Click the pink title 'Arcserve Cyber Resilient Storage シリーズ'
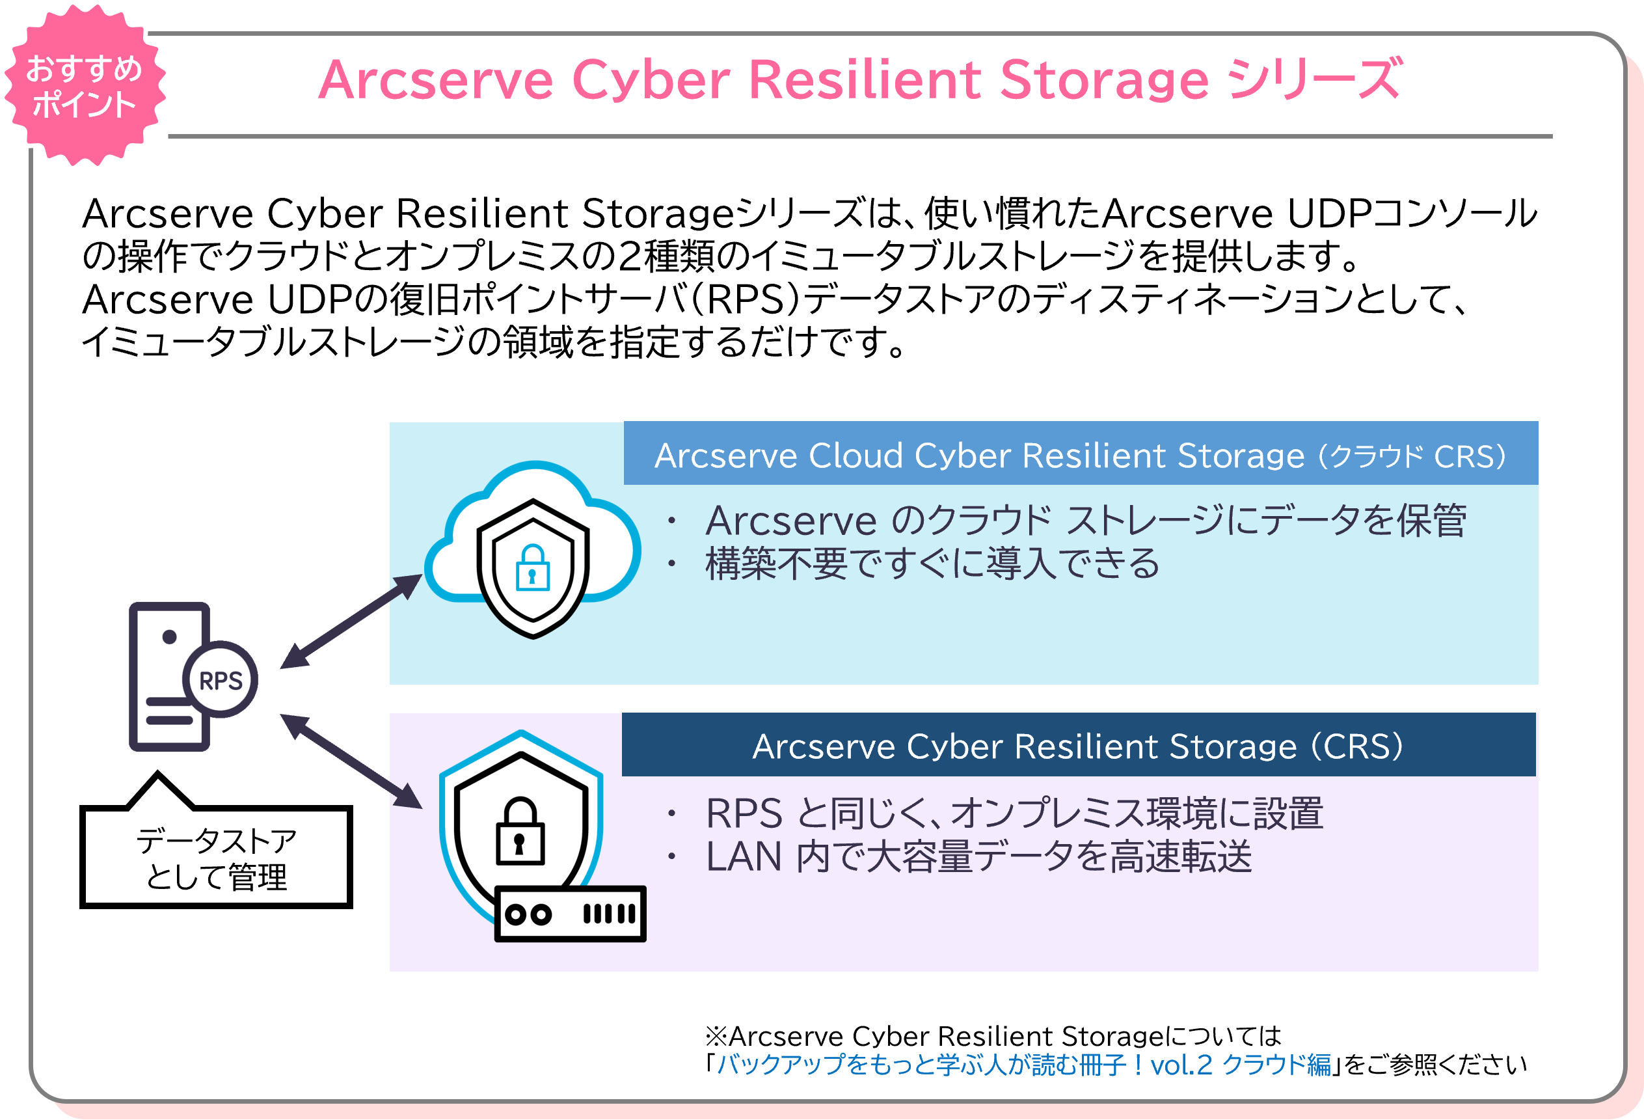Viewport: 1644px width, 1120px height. tap(859, 79)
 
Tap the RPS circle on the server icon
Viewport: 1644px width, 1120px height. tap(221, 680)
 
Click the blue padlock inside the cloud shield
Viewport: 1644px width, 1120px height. tap(533, 567)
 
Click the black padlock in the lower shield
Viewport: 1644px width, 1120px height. tap(520, 833)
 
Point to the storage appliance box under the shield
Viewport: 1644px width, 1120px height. tap(569, 914)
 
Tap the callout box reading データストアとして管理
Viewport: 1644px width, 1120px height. tap(217, 858)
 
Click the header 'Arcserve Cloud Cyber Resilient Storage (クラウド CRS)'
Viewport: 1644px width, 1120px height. tap(1080, 455)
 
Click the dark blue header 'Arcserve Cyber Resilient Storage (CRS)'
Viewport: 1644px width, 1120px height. tap(1077, 746)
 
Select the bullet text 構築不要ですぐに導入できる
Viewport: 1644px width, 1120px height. tap(932, 564)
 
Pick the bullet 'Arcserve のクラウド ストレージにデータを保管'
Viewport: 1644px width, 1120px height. tap(1085, 521)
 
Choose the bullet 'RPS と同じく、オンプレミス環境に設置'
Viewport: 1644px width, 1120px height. tap(1014, 813)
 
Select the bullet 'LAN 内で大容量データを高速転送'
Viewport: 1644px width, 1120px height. tap(978, 857)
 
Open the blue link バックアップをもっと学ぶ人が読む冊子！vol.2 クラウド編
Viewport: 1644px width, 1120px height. tap(1023, 1064)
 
